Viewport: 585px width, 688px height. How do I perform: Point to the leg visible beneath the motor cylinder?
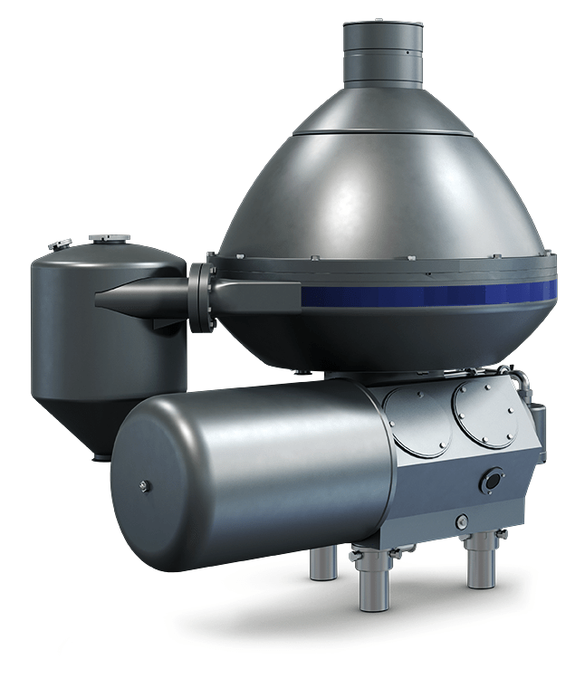(x=322, y=563)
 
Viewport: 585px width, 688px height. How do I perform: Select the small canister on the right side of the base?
(x=538, y=425)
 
